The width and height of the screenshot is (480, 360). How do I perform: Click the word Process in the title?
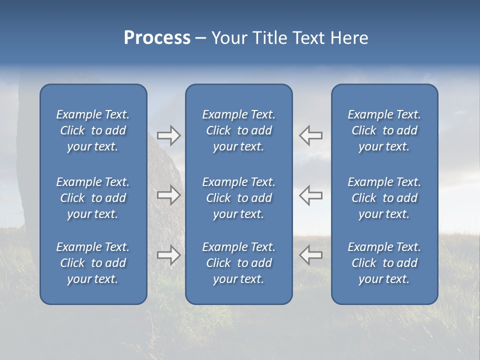[157, 38]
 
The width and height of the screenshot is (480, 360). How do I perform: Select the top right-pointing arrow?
[168, 135]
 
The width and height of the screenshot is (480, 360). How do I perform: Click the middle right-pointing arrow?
[168, 195]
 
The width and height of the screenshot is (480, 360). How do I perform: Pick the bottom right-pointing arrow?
[168, 255]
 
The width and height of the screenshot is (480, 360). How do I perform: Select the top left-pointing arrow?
[311, 135]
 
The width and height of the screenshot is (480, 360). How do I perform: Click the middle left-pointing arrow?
[311, 195]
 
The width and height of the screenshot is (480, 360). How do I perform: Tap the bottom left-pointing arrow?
[311, 255]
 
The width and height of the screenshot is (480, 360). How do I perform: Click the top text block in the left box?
[93, 130]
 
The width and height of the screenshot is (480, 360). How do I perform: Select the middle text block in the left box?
[93, 198]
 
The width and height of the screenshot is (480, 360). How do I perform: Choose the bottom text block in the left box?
[93, 263]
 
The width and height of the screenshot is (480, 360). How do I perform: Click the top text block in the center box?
[238, 130]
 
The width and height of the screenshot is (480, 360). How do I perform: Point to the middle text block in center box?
[238, 198]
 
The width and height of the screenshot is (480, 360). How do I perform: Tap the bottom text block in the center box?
[238, 263]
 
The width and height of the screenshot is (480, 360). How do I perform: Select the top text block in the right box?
[384, 130]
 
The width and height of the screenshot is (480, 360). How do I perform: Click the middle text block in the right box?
[384, 198]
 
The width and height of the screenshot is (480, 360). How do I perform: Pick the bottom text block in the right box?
[384, 263]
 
